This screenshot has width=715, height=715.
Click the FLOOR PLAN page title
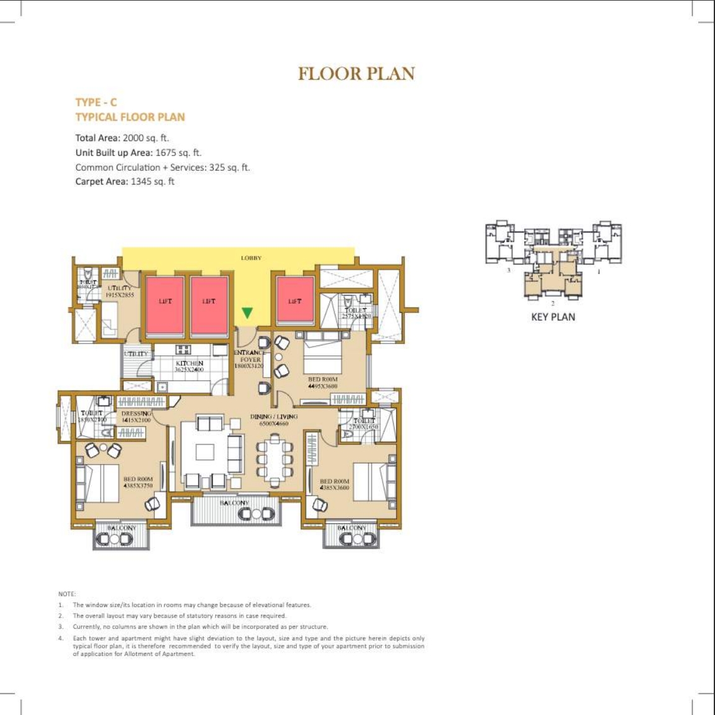pos(356,73)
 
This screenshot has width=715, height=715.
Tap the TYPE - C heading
pos(96,102)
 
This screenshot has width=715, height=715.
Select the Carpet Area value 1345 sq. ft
pos(152,181)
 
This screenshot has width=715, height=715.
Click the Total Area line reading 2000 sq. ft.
pos(122,138)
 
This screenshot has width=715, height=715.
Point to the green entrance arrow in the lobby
pos(247,312)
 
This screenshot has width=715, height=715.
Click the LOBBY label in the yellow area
pos(251,258)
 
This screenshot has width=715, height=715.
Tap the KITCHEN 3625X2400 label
pos(189,367)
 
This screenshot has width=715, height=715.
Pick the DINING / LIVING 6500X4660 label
pos(274,420)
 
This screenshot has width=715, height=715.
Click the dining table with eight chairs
pos(274,458)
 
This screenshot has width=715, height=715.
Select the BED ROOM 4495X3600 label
pos(322,383)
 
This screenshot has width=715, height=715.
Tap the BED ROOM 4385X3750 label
pos(138,483)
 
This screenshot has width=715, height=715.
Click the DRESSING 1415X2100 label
pos(136,417)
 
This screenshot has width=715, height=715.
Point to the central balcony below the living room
pos(235,509)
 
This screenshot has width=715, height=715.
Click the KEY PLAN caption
pos(553,317)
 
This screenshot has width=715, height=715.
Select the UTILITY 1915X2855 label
pos(119,291)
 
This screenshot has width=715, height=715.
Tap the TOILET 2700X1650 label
pos(363,424)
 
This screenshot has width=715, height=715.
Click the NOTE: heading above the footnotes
pos(66,594)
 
